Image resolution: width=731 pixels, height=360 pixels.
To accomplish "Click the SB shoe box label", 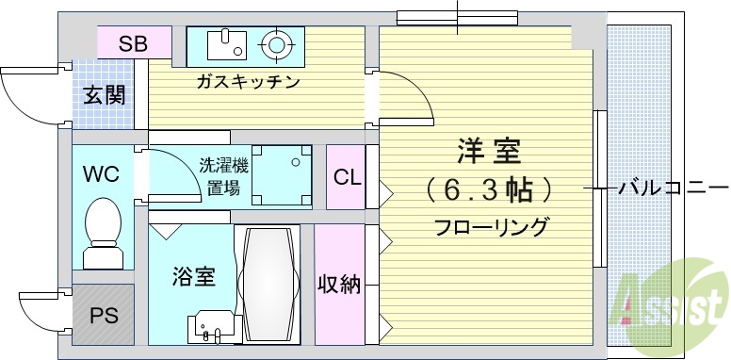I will (133, 43).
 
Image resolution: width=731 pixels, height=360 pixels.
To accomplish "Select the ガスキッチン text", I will (248, 82).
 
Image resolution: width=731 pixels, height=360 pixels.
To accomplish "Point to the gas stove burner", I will (276, 43).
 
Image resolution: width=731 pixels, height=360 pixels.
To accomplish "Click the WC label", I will (100, 174).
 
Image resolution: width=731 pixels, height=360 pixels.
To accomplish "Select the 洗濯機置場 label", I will (224, 176).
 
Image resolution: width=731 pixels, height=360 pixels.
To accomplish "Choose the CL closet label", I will (347, 177).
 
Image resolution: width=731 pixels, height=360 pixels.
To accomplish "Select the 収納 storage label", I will (339, 284).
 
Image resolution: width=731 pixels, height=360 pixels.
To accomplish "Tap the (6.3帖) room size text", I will (489, 190).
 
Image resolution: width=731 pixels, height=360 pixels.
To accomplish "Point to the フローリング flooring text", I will (491, 227).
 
